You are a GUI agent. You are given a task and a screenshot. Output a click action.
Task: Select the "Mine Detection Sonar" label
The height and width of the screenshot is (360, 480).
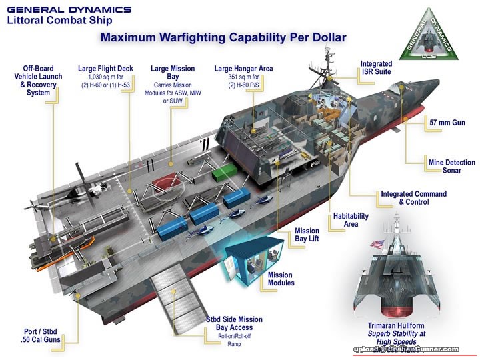(x=451, y=166)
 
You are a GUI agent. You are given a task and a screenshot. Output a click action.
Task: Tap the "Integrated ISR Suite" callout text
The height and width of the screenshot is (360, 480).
(x=376, y=67)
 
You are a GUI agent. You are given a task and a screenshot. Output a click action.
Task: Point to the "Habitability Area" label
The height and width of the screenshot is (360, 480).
(x=351, y=220)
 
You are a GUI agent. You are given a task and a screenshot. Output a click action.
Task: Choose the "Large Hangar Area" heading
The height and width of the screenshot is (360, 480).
(x=243, y=68)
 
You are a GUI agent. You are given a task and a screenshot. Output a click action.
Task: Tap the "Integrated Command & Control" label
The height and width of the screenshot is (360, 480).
(x=413, y=198)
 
